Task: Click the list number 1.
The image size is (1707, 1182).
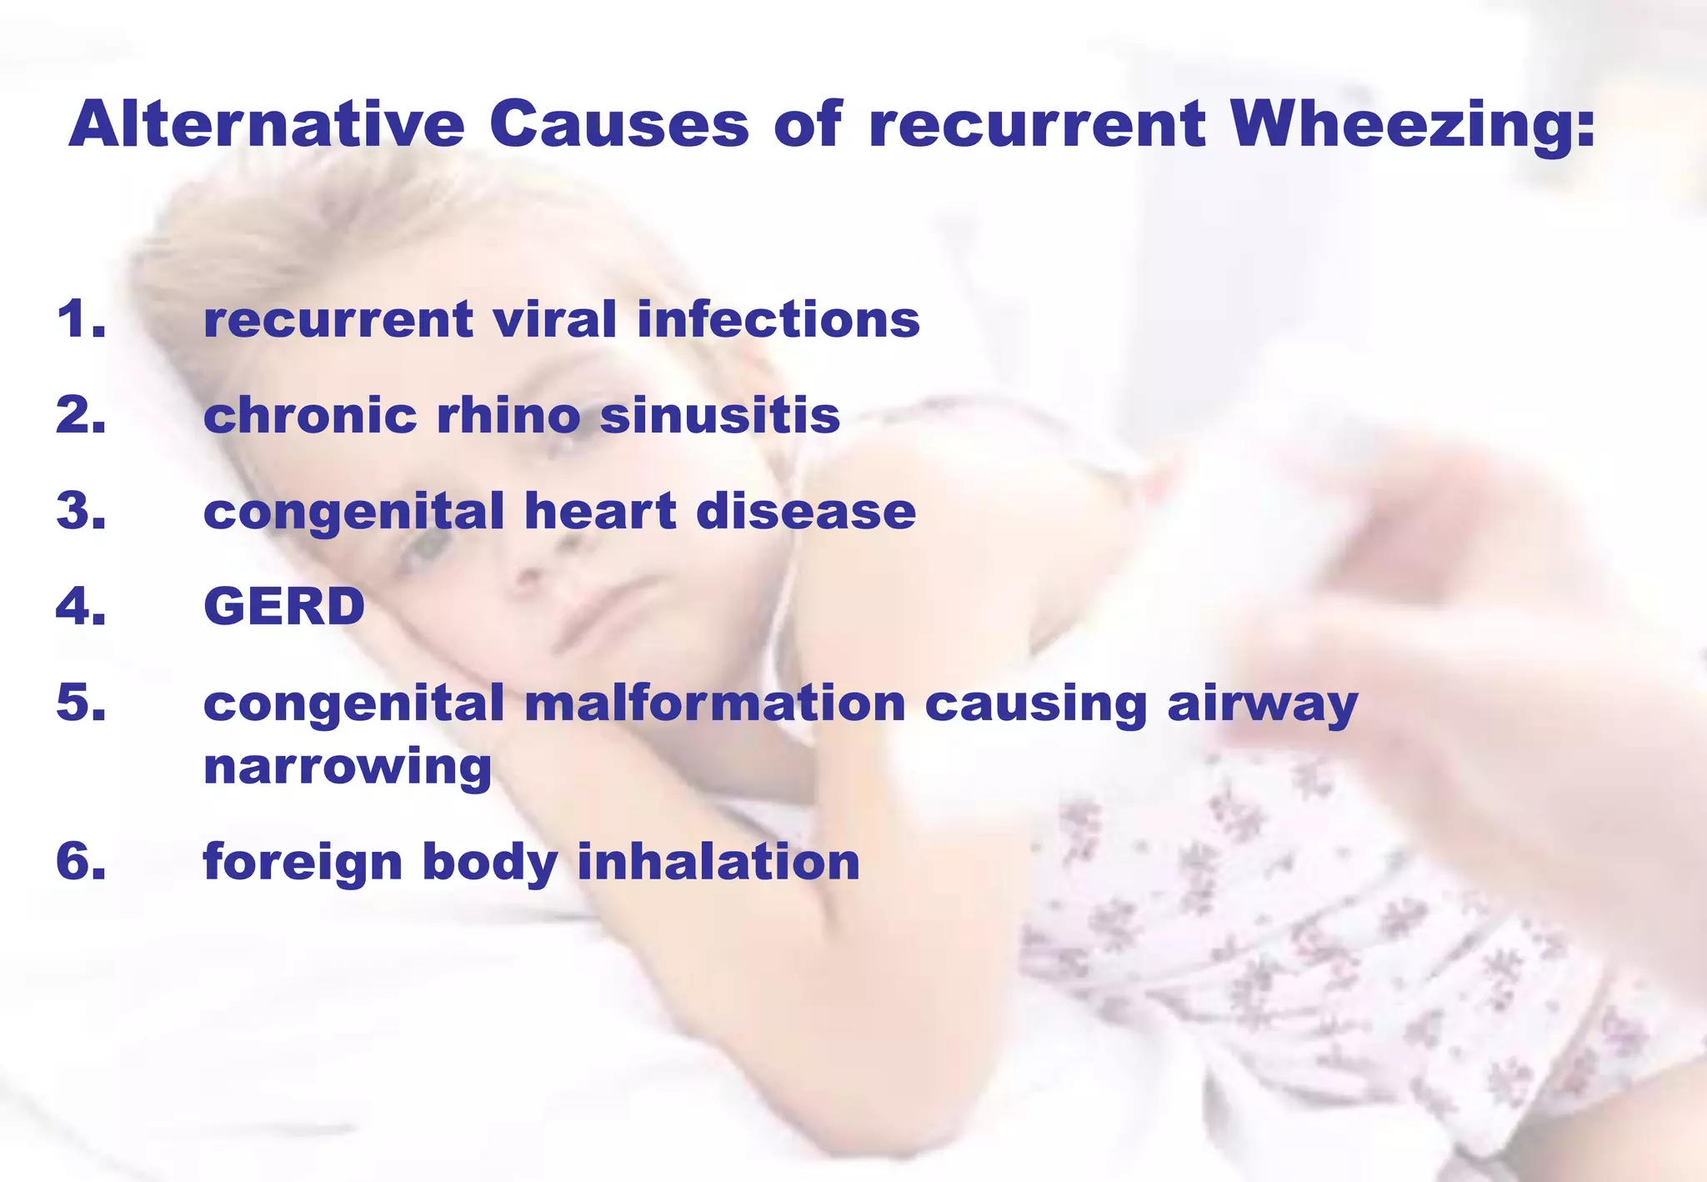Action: [81, 319]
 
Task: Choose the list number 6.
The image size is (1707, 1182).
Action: [81, 861]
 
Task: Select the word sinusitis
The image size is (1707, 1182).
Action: [719, 415]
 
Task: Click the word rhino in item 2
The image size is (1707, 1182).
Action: [508, 415]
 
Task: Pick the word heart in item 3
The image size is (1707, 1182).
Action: [600, 511]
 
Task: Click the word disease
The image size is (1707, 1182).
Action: [806, 511]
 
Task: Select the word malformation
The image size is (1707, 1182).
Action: [714, 703]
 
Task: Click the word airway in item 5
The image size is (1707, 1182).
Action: [1262, 703]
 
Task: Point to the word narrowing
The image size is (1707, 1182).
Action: [348, 767]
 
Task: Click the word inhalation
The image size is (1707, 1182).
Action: [718, 861]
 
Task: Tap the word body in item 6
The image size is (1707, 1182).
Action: [490, 863]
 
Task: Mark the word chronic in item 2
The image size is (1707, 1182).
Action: [310, 415]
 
